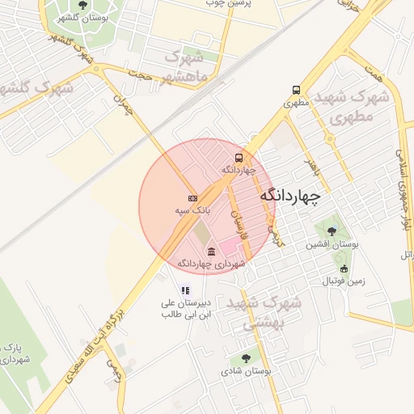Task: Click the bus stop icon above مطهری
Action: point(296,91)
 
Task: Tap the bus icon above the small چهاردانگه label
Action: point(239,158)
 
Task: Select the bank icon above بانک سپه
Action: point(192,198)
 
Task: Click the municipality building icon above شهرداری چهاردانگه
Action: point(211,251)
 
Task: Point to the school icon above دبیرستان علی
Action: point(185,289)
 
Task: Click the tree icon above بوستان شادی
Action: point(246,357)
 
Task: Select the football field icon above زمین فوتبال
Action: point(344,268)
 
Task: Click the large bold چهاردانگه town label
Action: point(290,196)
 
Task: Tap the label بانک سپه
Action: point(193,210)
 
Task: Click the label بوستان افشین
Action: point(332,243)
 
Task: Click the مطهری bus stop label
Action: point(297,103)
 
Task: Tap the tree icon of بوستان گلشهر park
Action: point(84,6)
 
